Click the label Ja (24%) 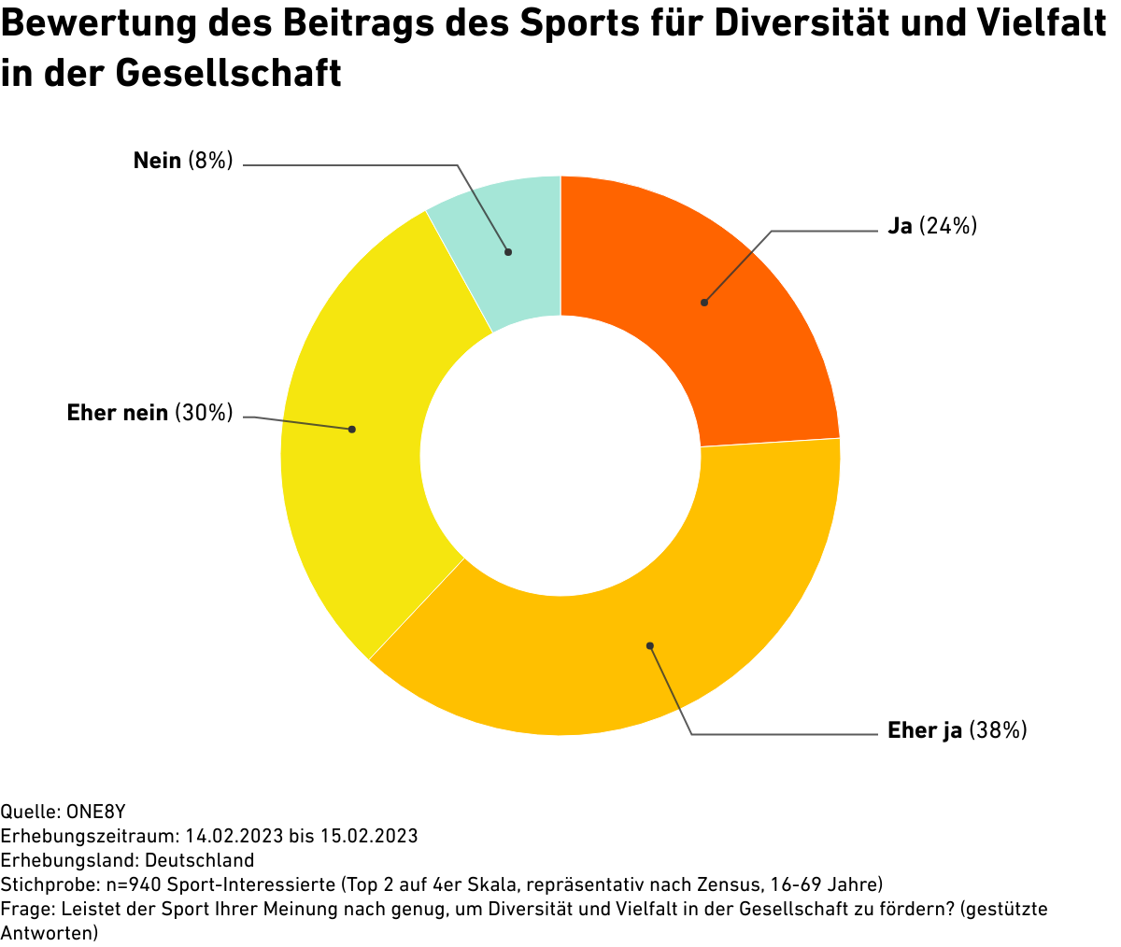tap(931, 225)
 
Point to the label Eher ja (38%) tap(957, 730)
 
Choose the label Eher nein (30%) tap(149, 413)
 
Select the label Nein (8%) tap(182, 161)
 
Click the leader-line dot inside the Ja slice tap(704, 303)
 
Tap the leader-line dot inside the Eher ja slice tap(650, 645)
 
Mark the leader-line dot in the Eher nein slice tap(352, 430)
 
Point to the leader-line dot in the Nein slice tap(508, 251)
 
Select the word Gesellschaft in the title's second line tap(229, 73)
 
